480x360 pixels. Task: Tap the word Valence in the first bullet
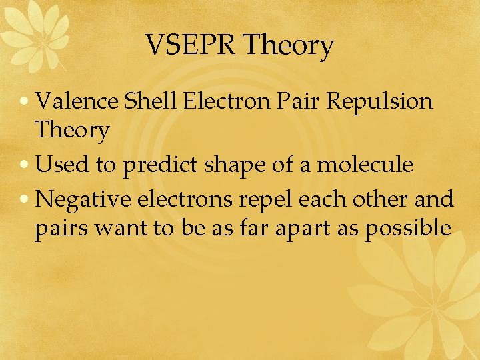pyautogui.click(x=77, y=101)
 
